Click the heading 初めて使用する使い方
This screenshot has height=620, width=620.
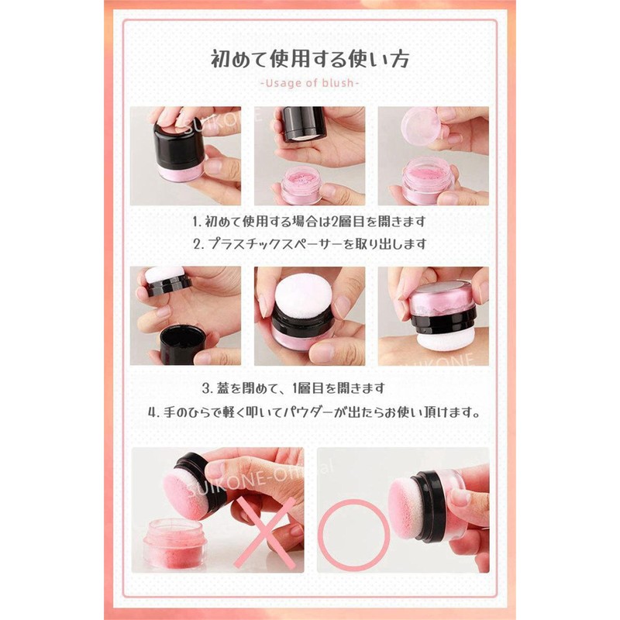coord(309,60)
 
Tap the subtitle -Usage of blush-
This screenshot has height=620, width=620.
coord(309,83)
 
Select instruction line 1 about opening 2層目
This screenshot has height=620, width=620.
coord(309,222)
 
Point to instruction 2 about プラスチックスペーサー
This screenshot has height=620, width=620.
coord(310,244)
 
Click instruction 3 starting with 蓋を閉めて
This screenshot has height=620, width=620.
coord(294,388)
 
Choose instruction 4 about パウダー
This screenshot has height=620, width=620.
coord(314,413)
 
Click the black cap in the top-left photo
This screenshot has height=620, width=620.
coord(179,144)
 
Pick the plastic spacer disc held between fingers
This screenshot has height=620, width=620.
coord(421,123)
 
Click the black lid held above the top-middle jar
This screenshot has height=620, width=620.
coord(304,123)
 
